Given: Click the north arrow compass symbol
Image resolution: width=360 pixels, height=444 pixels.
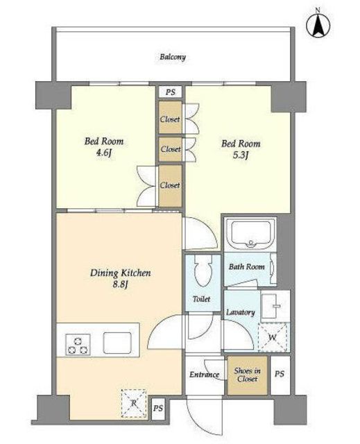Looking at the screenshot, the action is pyautogui.click(x=318, y=25).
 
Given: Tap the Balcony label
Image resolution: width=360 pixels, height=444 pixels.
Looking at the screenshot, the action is pyautogui.click(x=173, y=57).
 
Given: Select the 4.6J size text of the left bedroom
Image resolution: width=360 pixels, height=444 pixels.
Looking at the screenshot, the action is pyautogui.click(x=104, y=153).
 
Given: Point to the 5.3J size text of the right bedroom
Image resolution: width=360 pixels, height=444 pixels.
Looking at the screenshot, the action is pyautogui.click(x=241, y=155).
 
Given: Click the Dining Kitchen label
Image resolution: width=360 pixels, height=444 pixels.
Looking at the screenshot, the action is pyautogui.click(x=120, y=273).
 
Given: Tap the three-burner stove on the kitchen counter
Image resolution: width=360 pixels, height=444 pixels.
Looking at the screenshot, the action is pyautogui.click(x=78, y=344).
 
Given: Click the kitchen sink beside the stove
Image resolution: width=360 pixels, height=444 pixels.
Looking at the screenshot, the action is pyautogui.click(x=117, y=343).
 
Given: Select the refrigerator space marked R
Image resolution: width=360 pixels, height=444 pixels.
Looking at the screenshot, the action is pyautogui.click(x=134, y=403).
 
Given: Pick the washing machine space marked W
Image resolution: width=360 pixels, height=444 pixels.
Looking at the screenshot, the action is pyautogui.click(x=273, y=337).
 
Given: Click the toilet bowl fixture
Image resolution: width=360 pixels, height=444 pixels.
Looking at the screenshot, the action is pyautogui.click(x=203, y=271).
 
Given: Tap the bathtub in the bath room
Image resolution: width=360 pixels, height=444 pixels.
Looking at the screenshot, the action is pyautogui.click(x=250, y=234).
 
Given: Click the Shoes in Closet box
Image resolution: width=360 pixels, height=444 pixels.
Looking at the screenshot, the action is pyautogui.click(x=248, y=375).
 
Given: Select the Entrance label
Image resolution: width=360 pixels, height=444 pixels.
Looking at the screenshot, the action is pyautogui.click(x=204, y=375).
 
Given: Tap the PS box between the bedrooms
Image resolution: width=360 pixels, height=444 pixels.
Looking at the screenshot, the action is pyautogui.click(x=170, y=92).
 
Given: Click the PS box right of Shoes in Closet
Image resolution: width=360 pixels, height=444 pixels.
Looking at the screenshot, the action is pyautogui.click(x=280, y=375).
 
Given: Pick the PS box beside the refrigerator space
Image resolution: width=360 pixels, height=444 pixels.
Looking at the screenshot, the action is pyautogui.click(x=158, y=409).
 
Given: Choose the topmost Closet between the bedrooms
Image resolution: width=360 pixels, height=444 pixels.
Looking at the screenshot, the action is pyautogui.click(x=170, y=117).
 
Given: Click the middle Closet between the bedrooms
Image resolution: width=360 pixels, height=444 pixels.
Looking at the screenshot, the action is pyautogui.click(x=170, y=149).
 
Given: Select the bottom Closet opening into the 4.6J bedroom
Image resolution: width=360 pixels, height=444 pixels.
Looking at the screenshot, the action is pyautogui.click(x=170, y=185).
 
